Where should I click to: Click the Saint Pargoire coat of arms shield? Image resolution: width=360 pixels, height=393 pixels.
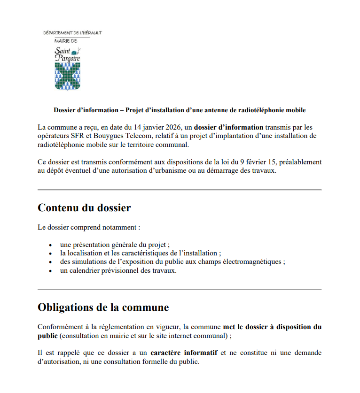(x=68, y=75)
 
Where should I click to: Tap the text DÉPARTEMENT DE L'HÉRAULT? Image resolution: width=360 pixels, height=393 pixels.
(x=72, y=33)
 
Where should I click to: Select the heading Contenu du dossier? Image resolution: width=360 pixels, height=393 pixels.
(x=84, y=208)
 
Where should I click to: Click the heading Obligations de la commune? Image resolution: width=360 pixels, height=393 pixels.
(x=103, y=308)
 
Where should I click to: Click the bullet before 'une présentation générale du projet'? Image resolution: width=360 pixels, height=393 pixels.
(x=50, y=245)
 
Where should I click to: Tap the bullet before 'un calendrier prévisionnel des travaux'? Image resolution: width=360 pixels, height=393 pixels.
(x=50, y=271)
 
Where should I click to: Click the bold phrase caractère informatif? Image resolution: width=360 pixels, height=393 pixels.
(x=184, y=352)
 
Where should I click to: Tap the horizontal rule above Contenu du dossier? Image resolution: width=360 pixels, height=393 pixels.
(x=180, y=190)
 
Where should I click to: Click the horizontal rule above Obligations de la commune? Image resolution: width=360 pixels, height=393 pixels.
(x=180, y=289)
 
